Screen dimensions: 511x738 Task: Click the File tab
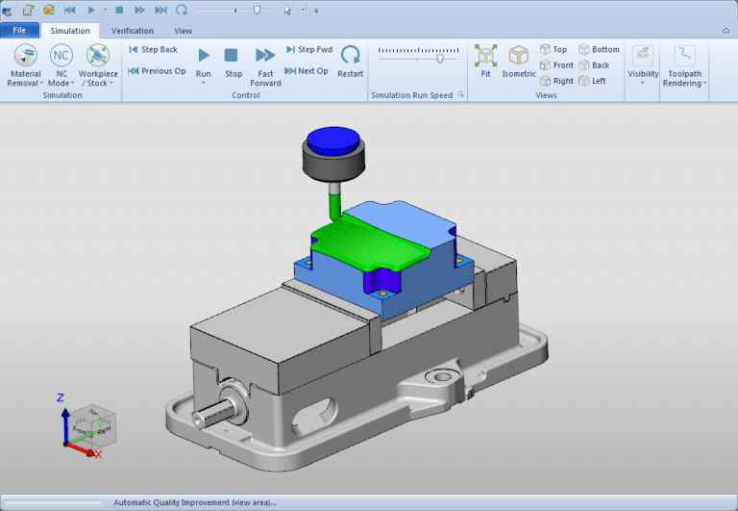[19, 31]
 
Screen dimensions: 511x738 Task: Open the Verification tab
[132, 31]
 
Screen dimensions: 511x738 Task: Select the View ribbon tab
[183, 31]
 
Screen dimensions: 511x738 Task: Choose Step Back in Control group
[154, 49]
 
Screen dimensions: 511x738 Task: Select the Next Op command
[307, 70]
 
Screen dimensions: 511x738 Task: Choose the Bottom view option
[600, 49]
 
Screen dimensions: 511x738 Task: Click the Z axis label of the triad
[60, 397]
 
